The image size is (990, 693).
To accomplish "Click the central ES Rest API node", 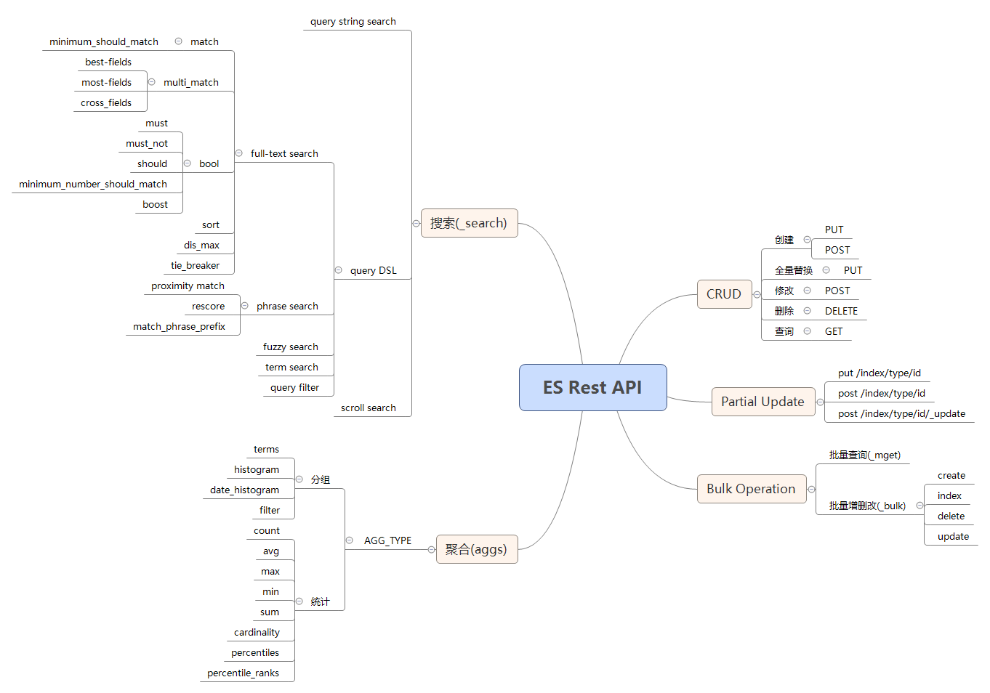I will click(x=592, y=387).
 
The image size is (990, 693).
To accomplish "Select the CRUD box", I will click(x=724, y=294).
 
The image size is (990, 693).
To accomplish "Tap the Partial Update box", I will click(x=762, y=402).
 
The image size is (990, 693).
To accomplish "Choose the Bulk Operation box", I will click(x=751, y=489).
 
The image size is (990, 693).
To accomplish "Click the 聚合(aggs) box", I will click(x=476, y=549).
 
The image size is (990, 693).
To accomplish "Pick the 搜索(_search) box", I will click(x=469, y=223).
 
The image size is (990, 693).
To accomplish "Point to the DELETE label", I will click(x=841, y=311).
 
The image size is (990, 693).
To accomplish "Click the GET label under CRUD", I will click(x=834, y=331).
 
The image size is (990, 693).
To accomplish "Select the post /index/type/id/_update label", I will click(x=901, y=413).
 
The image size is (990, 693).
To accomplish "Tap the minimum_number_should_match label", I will click(x=93, y=184).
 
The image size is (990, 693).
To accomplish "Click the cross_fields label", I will click(x=106, y=102).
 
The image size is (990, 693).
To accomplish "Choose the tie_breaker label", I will click(x=195, y=265).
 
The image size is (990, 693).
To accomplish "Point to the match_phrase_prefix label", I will click(x=179, y=326).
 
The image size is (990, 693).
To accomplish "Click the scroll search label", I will click(x=369, y=408).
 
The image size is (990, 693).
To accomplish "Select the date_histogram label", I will click(x=244, y=490).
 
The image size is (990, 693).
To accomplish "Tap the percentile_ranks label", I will click(x=243, y=673).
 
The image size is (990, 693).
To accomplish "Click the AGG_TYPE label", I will click(x=387, y=540).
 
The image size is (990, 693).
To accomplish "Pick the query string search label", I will click(x=353, y=21).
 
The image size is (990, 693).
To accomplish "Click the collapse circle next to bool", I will click(x=188, y=163).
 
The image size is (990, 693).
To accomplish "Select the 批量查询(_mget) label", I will click(x=865, y=455).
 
